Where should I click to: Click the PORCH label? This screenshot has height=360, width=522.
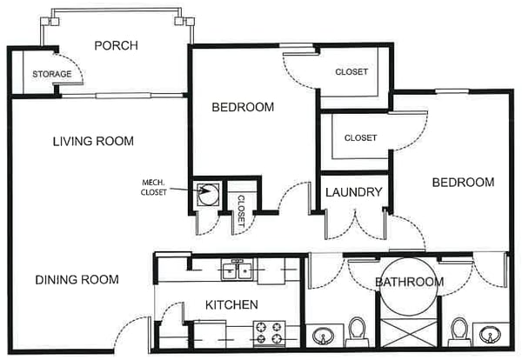click(x=117, y=45)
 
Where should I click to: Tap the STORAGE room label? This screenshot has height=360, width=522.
click(x=52, y=74)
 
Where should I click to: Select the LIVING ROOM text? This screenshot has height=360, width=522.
click(x=93, y=142)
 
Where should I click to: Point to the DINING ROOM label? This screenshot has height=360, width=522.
click(x=77, y=279)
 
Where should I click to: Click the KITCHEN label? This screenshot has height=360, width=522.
click(x=231, y=304)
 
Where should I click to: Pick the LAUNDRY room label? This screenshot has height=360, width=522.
click(x=354, y=192)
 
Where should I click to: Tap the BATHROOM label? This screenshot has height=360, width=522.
click(x=410, y=282)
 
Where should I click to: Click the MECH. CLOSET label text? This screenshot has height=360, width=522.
click(x=153, y=187)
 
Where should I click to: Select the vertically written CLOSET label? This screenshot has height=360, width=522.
click(x=241, y=211)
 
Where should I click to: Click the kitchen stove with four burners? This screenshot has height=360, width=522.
click(x=270, y=333)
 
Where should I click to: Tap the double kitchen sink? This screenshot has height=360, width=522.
click(x=238, y=270)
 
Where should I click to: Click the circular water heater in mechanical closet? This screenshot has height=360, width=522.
click(x=209, y=194)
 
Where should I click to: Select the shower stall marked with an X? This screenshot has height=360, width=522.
click(x=409, y=333)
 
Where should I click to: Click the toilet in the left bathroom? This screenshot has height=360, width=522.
click(x=357, y=331)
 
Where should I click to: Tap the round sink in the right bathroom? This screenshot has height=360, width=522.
click(x=490, y=334)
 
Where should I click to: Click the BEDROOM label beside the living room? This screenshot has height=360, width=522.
click(x=243, y=107)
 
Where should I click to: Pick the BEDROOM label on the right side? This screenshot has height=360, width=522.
click(x=463, y=183)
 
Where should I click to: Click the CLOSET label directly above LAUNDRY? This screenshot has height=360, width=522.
click(x=360, y=137)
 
